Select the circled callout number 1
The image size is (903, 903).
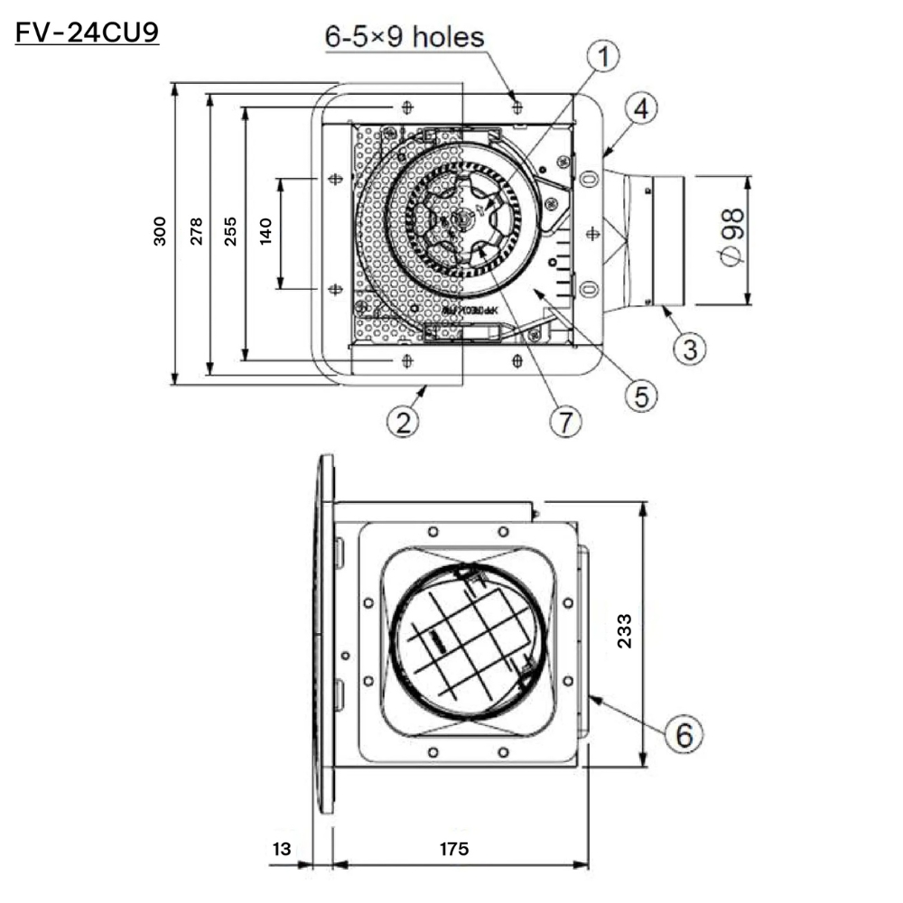click(604, 58)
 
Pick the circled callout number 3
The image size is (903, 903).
click(689, 347)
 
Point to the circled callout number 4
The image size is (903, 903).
click(640, 111)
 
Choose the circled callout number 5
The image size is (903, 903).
click(640, 395)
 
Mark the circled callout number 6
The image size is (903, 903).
click(684, 735)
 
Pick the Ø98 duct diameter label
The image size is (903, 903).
click(732, 237)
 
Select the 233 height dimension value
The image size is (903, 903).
click(624, 632)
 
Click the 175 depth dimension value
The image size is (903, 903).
click(454, 850)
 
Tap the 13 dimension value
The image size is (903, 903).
click(282, 850)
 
